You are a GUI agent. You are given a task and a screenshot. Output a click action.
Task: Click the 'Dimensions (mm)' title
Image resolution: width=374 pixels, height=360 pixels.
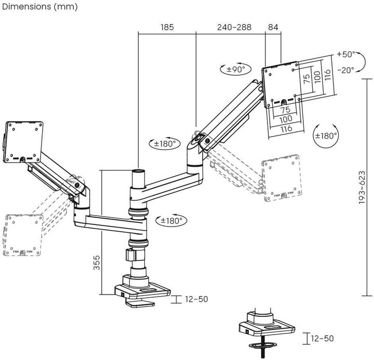(39, 7)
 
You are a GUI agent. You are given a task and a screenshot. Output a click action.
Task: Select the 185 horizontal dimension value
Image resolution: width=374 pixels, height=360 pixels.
(167, 26)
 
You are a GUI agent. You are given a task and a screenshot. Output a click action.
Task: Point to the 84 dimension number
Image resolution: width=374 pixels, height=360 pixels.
(273, 26)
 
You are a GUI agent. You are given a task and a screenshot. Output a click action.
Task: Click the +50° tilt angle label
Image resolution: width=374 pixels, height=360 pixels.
(345, 54)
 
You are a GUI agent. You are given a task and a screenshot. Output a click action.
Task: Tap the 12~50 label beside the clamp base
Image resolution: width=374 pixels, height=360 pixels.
(196, 299)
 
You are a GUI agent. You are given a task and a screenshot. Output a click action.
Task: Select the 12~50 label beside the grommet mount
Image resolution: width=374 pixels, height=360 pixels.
(322, 339)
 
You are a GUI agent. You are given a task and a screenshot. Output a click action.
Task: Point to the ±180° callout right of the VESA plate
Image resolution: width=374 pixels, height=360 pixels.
(326, 136)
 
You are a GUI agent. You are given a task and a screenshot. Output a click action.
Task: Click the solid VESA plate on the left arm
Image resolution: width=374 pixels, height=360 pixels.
(23, 141)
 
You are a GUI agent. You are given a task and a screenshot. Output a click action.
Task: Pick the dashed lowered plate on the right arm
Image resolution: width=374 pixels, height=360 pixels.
(282, 178)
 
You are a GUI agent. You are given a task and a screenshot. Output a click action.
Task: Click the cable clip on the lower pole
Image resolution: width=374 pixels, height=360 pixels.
(130, 256)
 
